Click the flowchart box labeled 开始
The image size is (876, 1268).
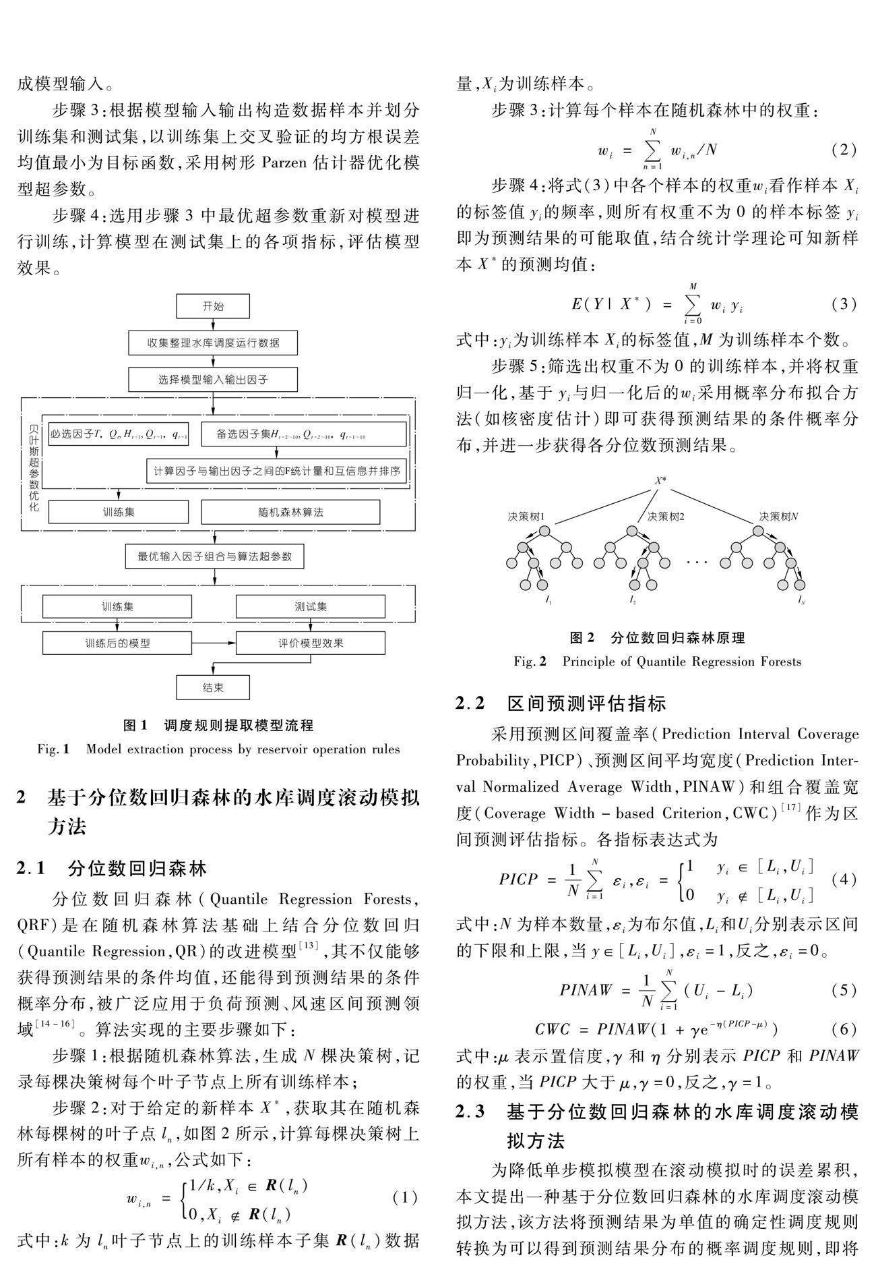coord(213,306)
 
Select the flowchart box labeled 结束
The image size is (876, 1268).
coord(213,687)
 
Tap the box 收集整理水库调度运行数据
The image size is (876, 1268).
coord(213,343)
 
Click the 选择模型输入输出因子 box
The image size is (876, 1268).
coord(213,379)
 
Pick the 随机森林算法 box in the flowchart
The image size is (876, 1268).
coord(290,512)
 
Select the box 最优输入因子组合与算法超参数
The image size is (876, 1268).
coord(214,556)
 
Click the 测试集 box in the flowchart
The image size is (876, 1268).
coord(311,606)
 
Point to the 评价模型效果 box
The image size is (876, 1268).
coord(311,643)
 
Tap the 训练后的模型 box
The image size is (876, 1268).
coord(117,643)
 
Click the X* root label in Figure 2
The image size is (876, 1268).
coord(660,481)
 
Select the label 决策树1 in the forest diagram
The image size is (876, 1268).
coord(527,517)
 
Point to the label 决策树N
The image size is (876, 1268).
coord(778,517)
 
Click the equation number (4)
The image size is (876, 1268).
coord(844,880)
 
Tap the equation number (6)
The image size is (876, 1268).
coord(844,1029)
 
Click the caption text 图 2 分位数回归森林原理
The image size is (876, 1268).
coord(657,637)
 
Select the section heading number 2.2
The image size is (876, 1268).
coord(470,703)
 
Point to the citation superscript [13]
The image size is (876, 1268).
coord(309,946)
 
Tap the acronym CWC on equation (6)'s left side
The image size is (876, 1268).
coord(553,1030)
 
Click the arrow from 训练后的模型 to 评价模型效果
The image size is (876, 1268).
coord(214,643)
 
